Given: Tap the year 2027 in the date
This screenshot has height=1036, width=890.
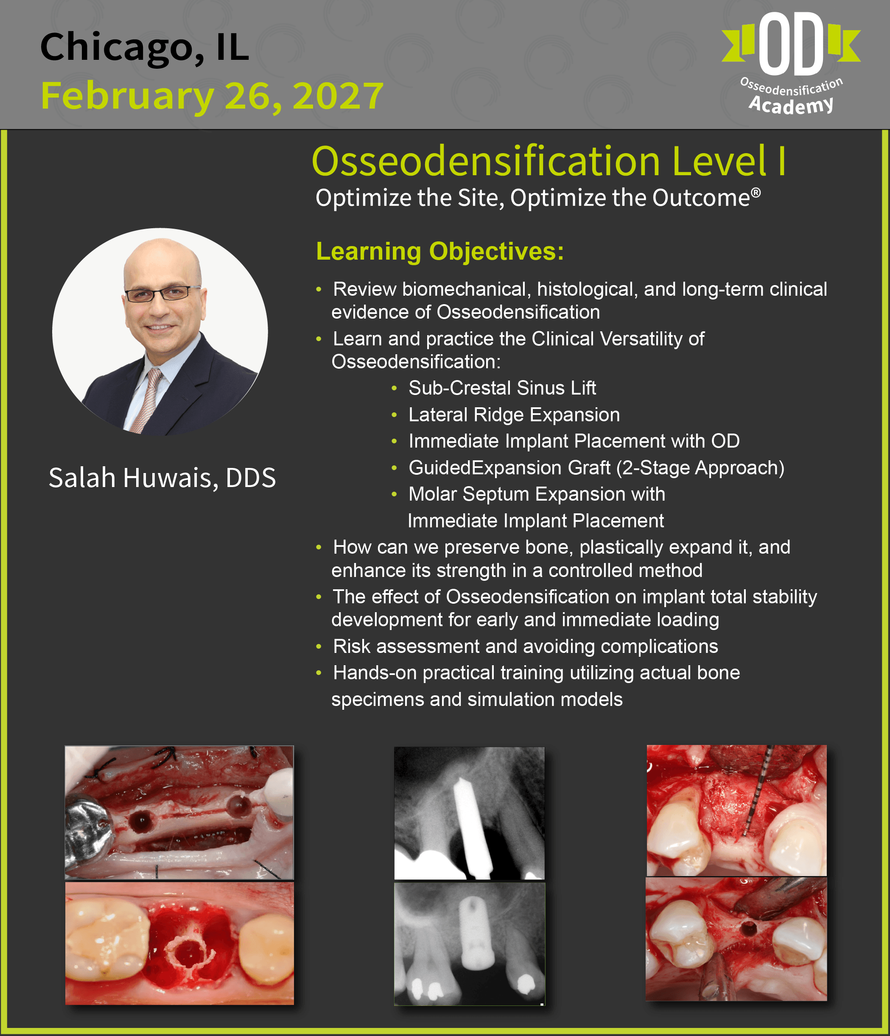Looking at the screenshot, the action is [339, 95].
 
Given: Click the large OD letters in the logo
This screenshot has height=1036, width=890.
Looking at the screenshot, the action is [791, 44].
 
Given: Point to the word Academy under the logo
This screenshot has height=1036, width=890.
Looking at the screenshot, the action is [791, 104].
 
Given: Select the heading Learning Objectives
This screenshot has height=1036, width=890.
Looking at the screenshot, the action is [440, 251].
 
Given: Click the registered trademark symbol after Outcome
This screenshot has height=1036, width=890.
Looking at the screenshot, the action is [756, 193].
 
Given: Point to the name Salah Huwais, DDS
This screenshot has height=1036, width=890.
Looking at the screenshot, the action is [162, 478].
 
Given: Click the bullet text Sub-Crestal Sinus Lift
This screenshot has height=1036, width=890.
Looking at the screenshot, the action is [502, 388].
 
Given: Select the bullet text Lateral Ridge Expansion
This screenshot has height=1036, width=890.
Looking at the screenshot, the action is [514, 414].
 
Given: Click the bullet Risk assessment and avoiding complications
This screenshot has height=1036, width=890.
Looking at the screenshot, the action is [526, 647].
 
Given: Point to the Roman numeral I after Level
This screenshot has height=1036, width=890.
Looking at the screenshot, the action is [781, 161].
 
